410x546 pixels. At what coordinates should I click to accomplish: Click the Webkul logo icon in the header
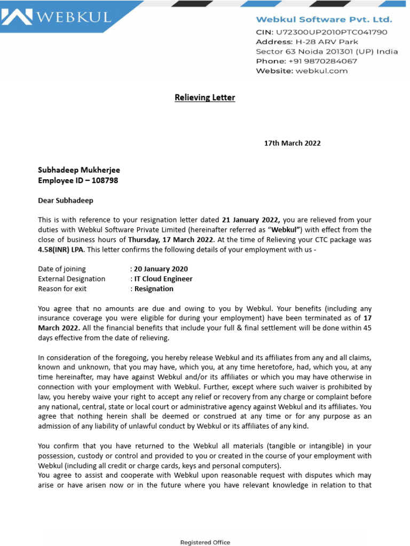click(16, 17)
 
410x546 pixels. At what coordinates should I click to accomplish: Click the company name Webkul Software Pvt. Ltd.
click(324, 20)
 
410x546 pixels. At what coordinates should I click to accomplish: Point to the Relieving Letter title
click(205, 98)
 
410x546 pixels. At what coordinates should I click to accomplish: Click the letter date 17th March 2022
click(293, 143)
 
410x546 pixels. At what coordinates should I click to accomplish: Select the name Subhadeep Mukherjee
click(79, 170)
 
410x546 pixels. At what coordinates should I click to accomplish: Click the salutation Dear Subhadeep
click(66, 201)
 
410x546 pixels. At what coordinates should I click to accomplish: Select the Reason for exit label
click(62, 288)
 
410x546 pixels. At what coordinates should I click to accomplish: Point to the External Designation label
click(72, 279)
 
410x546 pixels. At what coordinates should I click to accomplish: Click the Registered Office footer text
click(205, 542)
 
